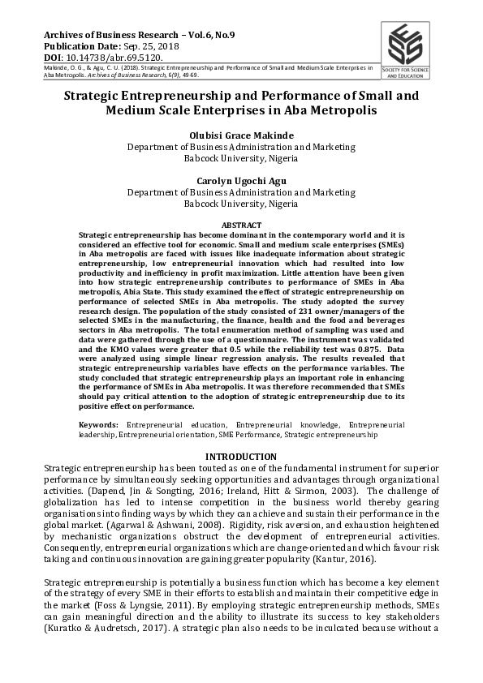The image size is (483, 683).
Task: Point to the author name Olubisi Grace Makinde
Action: coord(241,135)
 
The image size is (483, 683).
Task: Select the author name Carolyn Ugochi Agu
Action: coord(241,181)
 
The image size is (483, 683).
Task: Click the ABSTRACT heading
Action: coord(241,225)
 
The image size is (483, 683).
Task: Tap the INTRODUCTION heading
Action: coord(241,457)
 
